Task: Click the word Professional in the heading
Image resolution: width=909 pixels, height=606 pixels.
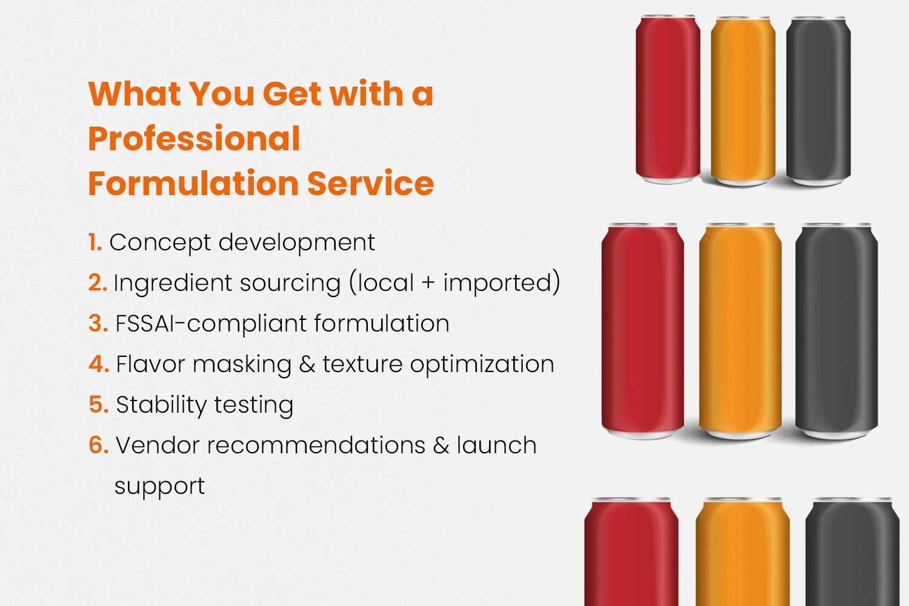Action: (x=194, y=139)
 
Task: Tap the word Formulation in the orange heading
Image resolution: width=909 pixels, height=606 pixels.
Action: (x=193, y=184)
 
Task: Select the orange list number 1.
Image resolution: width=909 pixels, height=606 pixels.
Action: (x=95, y=242)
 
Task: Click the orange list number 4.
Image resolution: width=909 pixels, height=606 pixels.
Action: (x=99, y=364)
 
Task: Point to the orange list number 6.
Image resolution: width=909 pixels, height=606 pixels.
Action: (x=99, y=445)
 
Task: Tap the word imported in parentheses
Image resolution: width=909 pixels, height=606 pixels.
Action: (x=497, y=283)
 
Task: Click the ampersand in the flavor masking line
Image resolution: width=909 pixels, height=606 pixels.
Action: (x=307, y=364)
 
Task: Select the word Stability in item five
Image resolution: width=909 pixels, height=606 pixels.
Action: (x=162, y=405)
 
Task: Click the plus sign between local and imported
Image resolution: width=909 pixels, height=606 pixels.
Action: (x=428, y=284)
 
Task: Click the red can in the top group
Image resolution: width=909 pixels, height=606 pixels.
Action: (x=668, y=99)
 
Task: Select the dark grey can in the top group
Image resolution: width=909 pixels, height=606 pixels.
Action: (x=818, y=101)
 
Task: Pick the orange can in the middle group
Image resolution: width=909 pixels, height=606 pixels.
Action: (x=740, y=331)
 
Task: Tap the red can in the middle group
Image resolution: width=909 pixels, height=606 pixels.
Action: (x=642, y=331)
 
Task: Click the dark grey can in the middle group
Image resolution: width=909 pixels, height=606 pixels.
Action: (x=836, y=331)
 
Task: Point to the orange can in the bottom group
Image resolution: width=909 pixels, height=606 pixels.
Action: (x=742, y=551)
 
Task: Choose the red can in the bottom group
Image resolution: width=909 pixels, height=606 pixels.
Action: (x=631, y=551)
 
